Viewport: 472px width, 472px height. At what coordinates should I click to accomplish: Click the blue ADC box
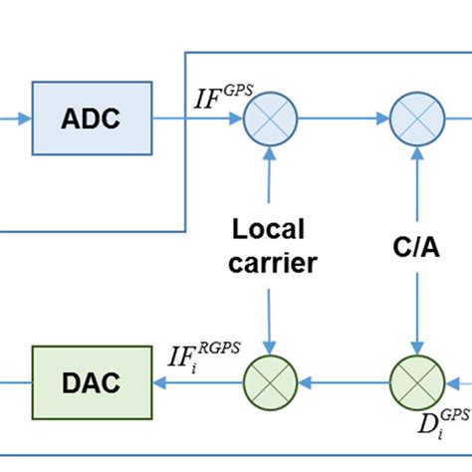point(93,119)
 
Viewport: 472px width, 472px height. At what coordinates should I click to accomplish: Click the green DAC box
point(91,381)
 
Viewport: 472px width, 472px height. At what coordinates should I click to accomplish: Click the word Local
point(269,230)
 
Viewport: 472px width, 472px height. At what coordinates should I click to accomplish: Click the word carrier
point(269,265)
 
